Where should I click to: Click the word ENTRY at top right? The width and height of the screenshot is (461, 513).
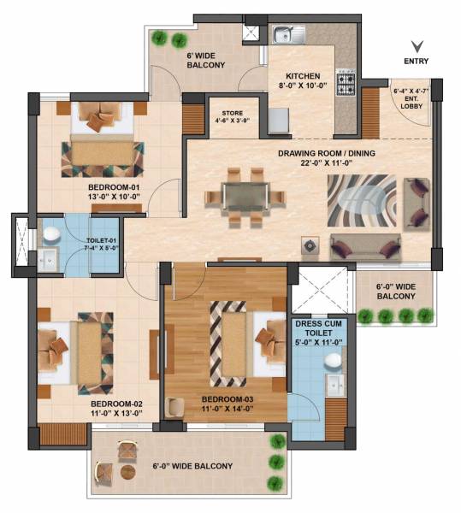click(417, 61)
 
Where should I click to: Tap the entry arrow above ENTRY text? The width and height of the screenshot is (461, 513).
click(417, 46)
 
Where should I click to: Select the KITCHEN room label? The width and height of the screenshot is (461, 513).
click(303, 75)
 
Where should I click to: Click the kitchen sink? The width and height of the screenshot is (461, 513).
click(287, 35)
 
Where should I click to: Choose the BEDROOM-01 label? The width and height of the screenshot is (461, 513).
click(113, 185)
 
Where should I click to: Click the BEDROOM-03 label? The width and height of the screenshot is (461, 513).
click(226, 399)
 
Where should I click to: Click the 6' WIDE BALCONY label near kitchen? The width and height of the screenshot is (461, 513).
click(205, 59)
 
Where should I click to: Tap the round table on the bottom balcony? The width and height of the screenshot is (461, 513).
click(127, 471)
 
